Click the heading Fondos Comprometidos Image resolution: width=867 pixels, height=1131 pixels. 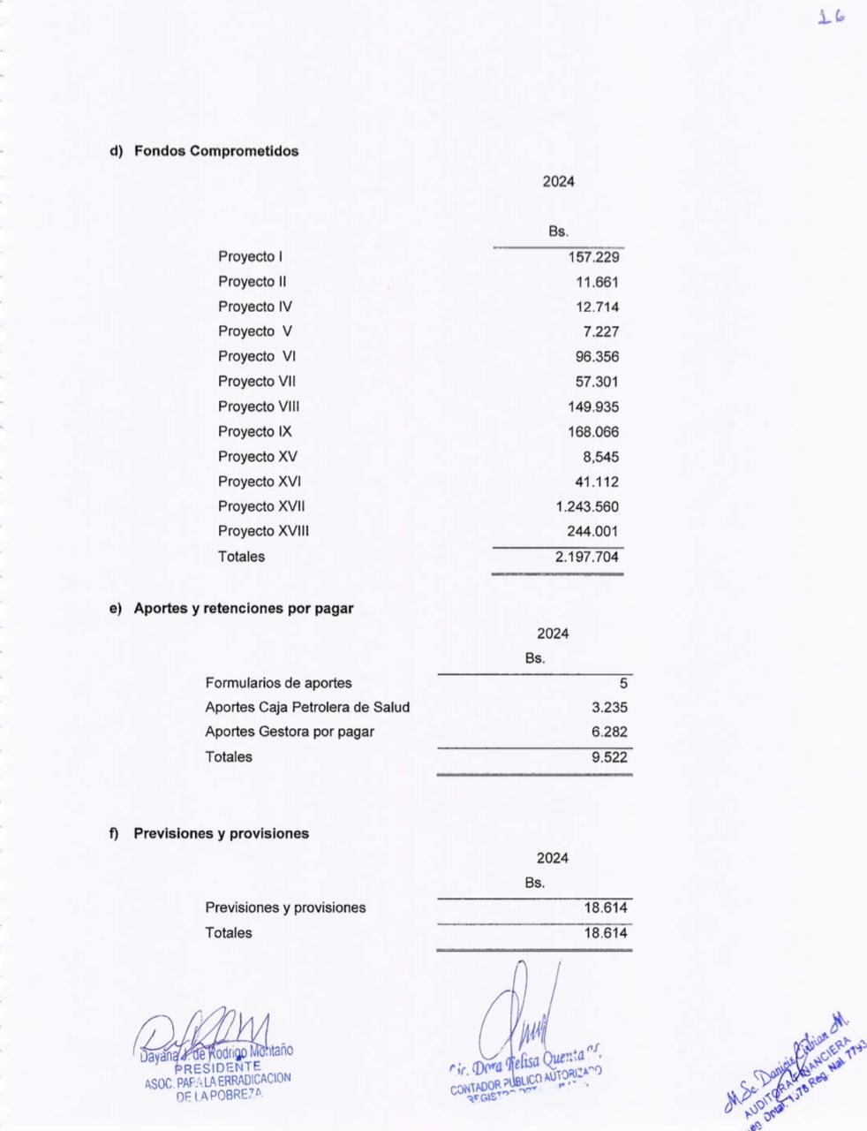click(216, 151)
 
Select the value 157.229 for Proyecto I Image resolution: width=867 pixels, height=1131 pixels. click(593, 257)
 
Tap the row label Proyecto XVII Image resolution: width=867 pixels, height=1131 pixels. click(261, 506)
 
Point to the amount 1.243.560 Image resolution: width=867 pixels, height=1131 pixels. click(587, 507)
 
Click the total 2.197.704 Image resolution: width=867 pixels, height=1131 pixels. click(587, 557)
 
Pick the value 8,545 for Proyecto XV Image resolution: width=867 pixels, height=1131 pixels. click(600, 458)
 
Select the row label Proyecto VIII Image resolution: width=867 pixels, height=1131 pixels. click(259, 406)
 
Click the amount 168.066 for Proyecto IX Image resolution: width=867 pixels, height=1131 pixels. click(593, 432)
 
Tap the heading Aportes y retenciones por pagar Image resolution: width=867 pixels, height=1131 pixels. click(243, 609)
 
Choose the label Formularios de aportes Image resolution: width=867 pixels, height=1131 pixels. click(278, 683)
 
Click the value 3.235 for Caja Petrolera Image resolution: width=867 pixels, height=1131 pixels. click(609, 708)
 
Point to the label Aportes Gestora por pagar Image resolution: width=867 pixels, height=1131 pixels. click(290, 732)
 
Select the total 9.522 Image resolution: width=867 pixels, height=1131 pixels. click(609, 757)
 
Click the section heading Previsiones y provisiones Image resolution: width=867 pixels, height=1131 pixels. click(221, 833)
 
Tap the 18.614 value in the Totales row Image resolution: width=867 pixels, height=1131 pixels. click(605, 933)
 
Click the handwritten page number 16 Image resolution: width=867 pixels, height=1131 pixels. click(831, 17)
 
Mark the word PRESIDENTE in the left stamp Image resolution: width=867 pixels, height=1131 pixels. click(218, 1066)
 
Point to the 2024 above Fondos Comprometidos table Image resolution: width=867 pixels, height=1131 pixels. click(558, 182)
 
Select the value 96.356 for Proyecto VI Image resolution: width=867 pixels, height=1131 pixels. click(597, 357)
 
